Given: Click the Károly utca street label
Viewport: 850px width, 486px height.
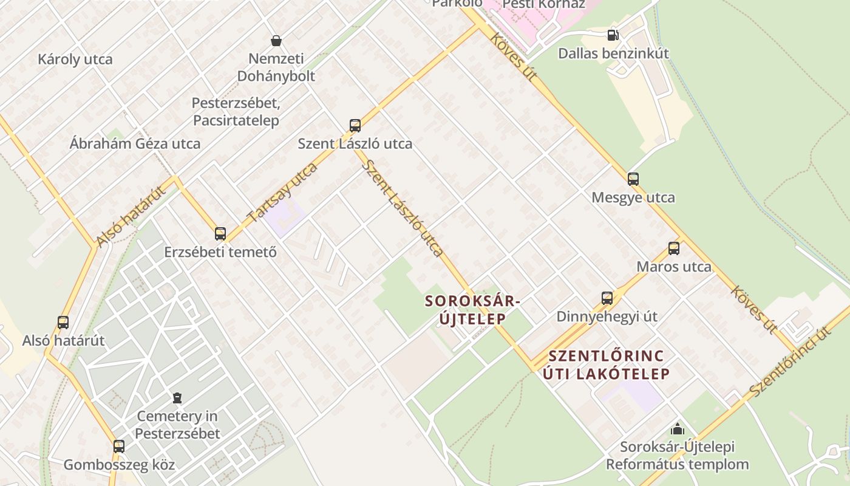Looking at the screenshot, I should [x=75, y=60].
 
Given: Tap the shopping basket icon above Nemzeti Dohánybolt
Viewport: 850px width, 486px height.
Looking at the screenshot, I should [x=276, y=41].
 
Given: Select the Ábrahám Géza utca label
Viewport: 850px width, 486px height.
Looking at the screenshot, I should [x=135, y=144].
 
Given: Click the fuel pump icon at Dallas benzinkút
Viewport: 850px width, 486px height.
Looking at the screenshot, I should [x=613, y=35].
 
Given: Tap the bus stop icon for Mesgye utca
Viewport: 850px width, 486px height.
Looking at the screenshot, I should [x=633, y=179].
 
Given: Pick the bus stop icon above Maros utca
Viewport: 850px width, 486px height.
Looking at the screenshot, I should [x=674, y=248].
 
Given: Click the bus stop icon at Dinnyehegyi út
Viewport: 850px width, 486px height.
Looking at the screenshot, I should [x=607, y=298].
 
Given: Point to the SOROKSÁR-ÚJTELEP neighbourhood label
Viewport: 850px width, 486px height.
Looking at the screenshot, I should [x=473, y=309].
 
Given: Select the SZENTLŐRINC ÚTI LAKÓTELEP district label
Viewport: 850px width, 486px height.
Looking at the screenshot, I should [x=606, y=364].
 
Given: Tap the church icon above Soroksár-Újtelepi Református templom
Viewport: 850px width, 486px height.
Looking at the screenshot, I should [x=678, y=429].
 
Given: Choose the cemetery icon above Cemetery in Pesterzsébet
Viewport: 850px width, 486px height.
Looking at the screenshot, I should [x=177, y=399].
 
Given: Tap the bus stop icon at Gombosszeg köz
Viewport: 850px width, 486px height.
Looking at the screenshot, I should [x=119, y=447].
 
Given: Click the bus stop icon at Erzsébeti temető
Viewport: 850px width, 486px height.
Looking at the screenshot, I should [x=220, y=234].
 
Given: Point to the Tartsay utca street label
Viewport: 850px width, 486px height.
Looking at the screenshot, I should [x=283, y=192].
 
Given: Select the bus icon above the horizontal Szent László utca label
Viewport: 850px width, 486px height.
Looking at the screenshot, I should [x=355, y=126].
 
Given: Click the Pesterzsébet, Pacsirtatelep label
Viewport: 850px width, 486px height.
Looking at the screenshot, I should [x=236, y=111].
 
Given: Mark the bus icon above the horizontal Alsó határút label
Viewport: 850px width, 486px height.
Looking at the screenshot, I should [x=63, y=323].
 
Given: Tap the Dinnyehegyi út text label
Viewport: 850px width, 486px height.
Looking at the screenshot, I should [x=607, y=317].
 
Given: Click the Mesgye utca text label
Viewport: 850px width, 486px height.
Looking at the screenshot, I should [x=633, y=197].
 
